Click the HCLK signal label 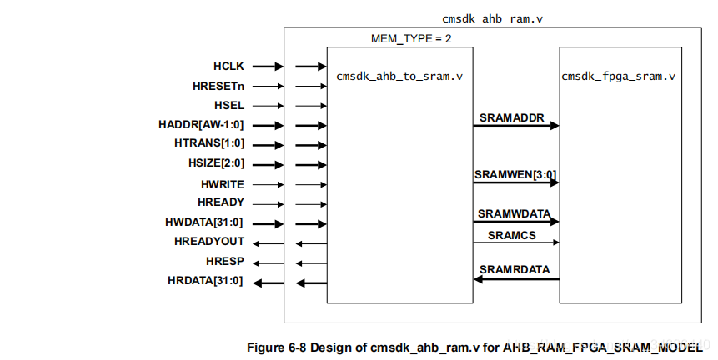[228, 66]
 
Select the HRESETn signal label [218, 86]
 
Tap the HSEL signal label [229, 106]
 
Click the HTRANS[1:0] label [209, 144]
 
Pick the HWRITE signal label [223, 184]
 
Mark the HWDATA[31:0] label [204, 222]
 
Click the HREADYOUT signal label [209, 242]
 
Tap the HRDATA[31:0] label [205, 282]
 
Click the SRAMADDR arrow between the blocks [516, 126]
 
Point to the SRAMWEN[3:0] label [515, 175]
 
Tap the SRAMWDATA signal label [514, 214]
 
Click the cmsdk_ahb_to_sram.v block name [399, 76]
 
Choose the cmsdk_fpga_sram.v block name [618, 76]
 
